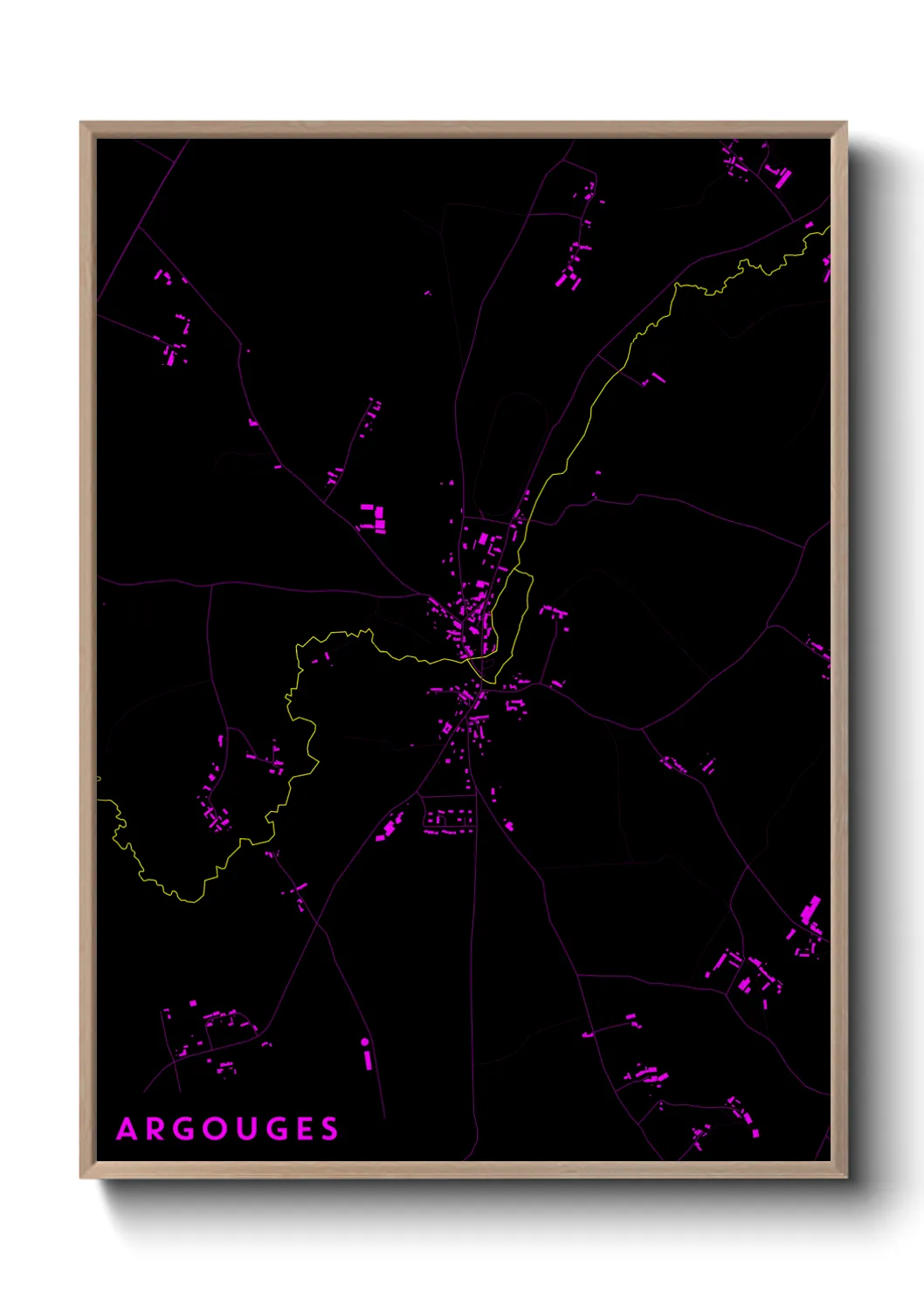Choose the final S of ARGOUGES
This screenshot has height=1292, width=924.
[329, 1130]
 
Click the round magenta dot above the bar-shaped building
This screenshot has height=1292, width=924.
[365, 1041]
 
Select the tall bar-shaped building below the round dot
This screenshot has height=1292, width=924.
[368, 1059]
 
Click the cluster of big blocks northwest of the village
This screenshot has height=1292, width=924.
[374, 517]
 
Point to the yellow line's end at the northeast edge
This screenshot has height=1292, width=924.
[828, 229]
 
